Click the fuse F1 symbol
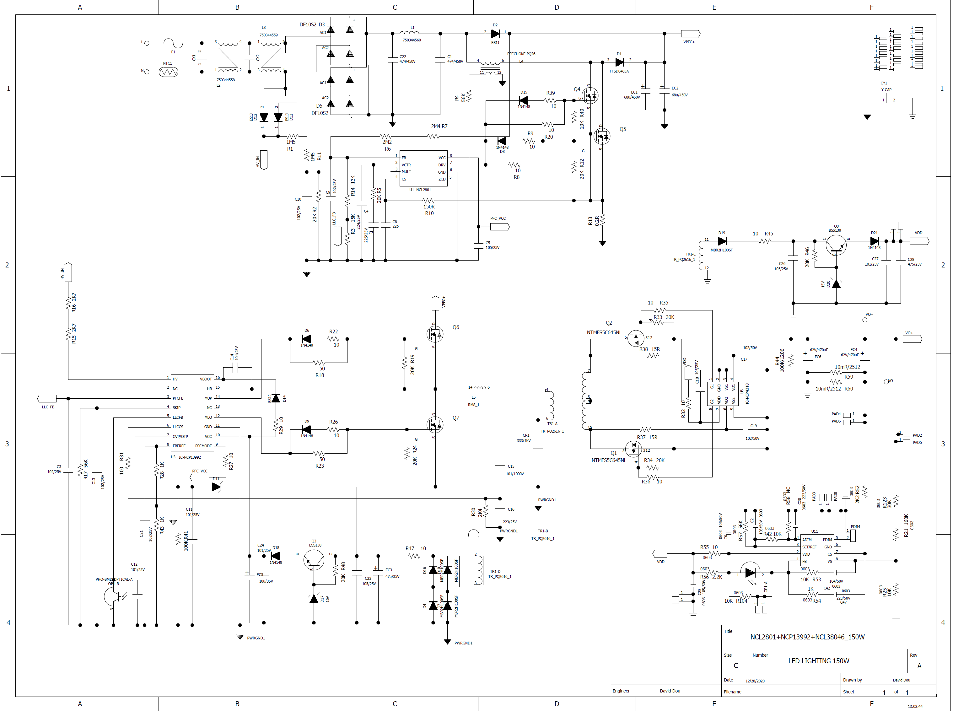click(x=173, y=43)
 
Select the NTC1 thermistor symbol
click(x=168, y=72)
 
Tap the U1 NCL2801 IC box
click(x=423, y=168)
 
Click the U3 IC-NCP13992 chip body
click(x=192, y=412)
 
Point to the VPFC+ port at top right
click(x=690, y=34)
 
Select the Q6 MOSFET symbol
click(x=434, y=334)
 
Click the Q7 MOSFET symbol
click(x=434, y=425)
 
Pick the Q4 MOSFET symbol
click(x=590, y=95)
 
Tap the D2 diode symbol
click(x=495, y=34)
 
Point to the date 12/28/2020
click(x=755, y=681)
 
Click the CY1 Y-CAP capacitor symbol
click(x=889, y=100)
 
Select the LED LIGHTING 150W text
click(x=818, y=661)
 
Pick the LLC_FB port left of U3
click(x=47, y=399)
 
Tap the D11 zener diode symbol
click(x=216, y=487)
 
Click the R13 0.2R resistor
click(x=602, y=220)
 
